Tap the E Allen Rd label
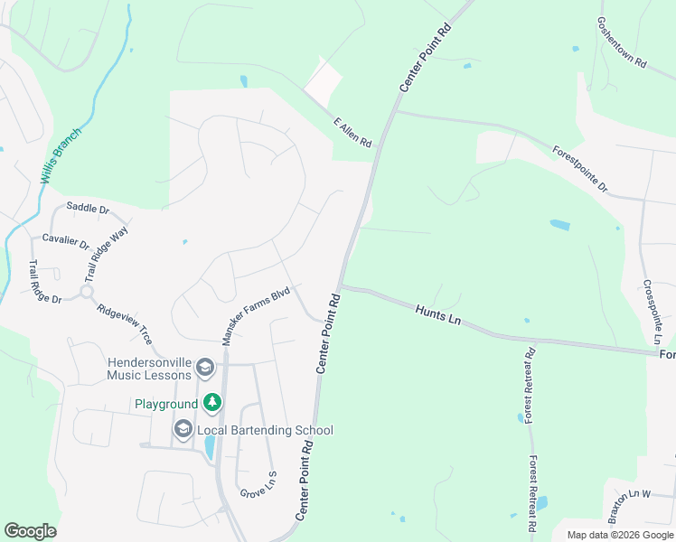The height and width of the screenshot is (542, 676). (x=352, y=133)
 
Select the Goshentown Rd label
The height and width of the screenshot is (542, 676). (x=623, y=42)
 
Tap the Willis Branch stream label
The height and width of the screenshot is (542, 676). (x=61, y=155)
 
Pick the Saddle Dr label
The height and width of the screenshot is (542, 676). (x=88, y=210)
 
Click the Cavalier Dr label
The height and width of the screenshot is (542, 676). (x=66, y=242)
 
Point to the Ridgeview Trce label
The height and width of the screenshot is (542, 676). (x=125, y=323)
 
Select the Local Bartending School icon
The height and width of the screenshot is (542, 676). (x=183, y=430)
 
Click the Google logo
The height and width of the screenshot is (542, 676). (x=30, y=531)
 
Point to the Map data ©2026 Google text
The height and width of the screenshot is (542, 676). (x=619, y=535)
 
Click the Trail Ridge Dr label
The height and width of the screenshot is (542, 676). (x=42, y=282)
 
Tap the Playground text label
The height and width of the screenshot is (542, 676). (x=166, y=404)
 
